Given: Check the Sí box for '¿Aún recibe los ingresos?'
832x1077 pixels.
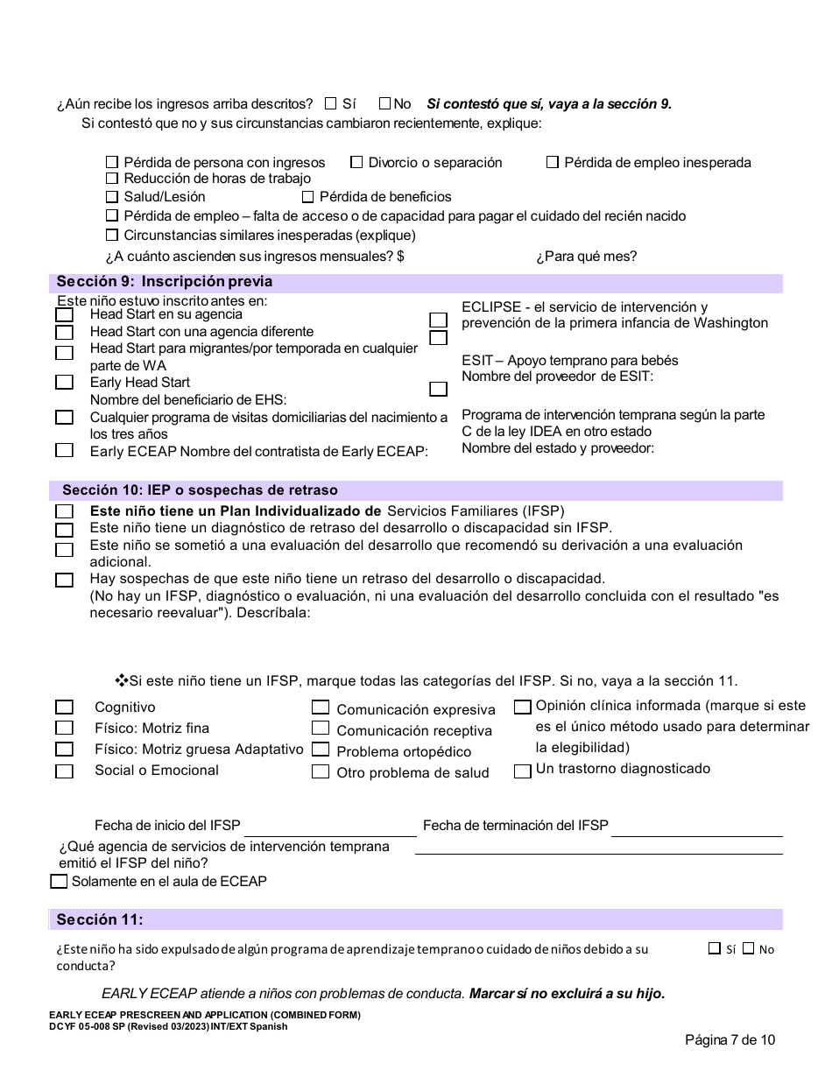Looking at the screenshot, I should tap(330, 103).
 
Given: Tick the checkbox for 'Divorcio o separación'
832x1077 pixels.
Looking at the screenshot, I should tap(356, 162).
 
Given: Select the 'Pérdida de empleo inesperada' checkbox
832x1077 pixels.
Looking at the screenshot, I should tap(553, 162).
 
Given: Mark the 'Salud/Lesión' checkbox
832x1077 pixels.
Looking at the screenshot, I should tap(112, 197).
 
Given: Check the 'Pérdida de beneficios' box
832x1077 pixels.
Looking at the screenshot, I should tap(307, 197).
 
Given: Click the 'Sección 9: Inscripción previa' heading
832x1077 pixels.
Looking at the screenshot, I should tap(165, 282).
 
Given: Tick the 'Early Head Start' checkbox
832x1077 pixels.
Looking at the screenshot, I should tap(64, 382).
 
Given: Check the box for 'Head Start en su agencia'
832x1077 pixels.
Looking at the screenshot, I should tap(64, 314).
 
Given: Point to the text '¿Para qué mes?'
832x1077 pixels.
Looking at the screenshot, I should tap(586, 257).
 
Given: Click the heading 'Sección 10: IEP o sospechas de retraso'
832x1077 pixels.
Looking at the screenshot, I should tap(200, 490).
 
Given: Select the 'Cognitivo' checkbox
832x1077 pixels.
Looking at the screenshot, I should tap(64, 707).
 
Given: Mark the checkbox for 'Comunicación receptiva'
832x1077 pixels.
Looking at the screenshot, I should tap(321, 729).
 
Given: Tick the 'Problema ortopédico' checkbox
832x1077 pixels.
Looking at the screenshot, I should tap(321, 750).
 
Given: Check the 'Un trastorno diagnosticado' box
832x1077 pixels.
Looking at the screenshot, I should tap(523, 771).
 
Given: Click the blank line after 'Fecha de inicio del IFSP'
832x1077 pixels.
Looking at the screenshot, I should tap(328, 827).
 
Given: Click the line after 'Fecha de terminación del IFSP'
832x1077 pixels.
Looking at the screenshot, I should tap(696, 827).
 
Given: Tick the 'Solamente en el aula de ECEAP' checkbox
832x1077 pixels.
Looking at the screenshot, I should tap(59, 882).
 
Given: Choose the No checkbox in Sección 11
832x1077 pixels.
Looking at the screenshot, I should tap(748, 948).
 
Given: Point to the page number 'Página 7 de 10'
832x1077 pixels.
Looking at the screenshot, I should tap(730, 1040).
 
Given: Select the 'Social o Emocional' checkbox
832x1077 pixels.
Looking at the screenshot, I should tap(64, 771).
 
